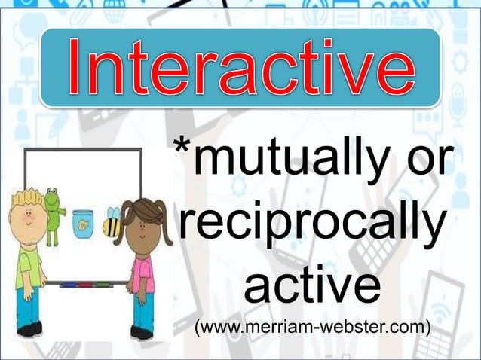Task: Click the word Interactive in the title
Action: tap(240, 69)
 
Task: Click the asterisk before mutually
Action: tap(182, 146)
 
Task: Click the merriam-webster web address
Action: tap(312, 328)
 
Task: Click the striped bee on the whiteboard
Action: tap(112, 223)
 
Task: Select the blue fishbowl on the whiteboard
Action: tap(82, 223)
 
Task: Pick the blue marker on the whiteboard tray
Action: tap(69, 284)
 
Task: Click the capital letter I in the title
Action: tap(78, 69)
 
